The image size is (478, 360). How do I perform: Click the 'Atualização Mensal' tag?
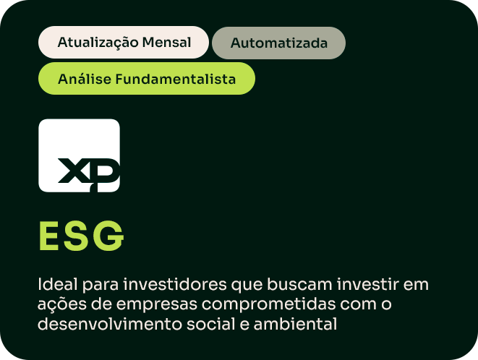(124, 42)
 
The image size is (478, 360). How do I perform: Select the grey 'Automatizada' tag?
(278, 43)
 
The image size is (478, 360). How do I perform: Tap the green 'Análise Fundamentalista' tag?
(147, 79)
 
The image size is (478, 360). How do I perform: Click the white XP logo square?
(80, 155)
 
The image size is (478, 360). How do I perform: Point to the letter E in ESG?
(48, 236)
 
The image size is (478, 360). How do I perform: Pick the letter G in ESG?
(108, 236)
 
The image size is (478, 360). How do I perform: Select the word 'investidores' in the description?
(175, 284)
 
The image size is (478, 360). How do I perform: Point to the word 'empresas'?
(157, 305)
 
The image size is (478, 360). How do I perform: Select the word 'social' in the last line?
(211, 324)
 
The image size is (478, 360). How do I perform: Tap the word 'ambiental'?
(295, 324)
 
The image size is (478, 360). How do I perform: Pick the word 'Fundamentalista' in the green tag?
(175, 79)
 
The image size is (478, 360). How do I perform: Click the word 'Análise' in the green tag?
(85, 79)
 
